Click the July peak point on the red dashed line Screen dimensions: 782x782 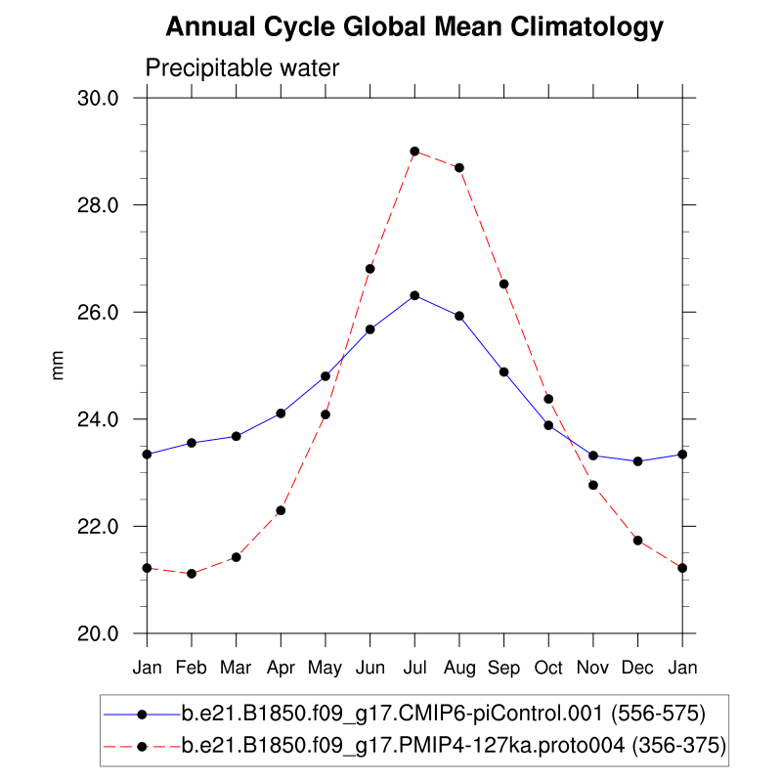[x=414, y=152]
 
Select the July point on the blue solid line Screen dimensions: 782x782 [x=414, y=295]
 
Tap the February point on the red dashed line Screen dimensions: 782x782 [x=192, y=573]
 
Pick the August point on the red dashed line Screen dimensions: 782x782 [x=459, y=167]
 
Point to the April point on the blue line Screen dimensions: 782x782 [x=281, y=413]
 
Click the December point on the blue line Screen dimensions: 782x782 [x=637, y=461]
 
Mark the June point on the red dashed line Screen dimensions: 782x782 [x=369, y=269]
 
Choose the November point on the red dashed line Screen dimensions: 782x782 [x=592, y=485]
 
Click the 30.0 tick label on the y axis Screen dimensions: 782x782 [x=99, y=99]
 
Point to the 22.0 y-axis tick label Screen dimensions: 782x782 [x=99, y=527]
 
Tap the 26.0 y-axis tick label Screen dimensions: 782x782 [x=99, y=313]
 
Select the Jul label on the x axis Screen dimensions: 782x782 [x=414, y=668]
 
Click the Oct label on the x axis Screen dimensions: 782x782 [x=548, y=668]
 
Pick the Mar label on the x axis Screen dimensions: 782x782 [x=236, y=668]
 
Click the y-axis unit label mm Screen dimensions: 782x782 [x=59, y=366]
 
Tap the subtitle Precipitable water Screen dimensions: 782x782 [x=241, y=68]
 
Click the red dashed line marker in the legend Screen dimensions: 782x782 [x=142, y=747]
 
